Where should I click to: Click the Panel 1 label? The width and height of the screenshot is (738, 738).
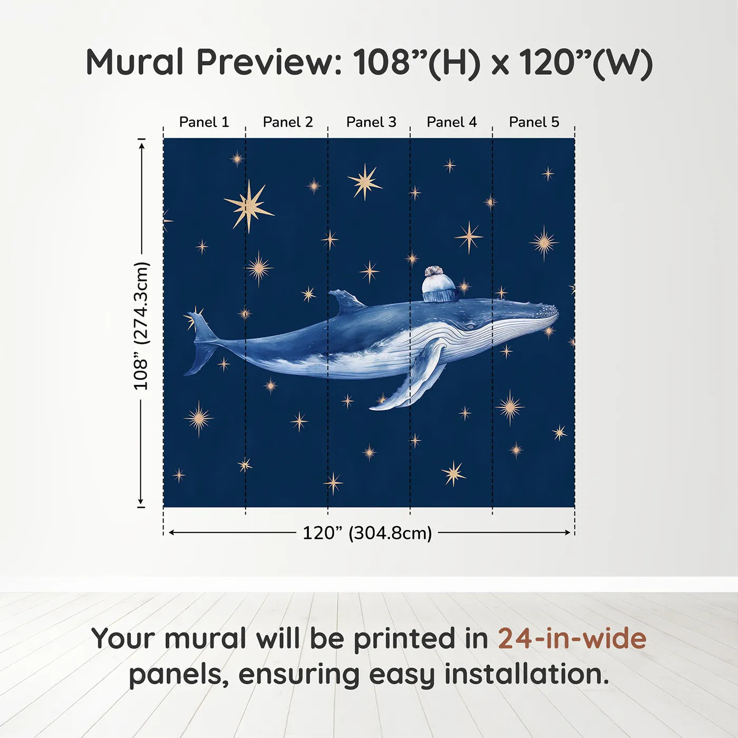(204, 122)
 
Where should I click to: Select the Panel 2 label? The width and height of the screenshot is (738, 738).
(287, 122)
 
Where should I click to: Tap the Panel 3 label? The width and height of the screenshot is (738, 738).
(371, 122)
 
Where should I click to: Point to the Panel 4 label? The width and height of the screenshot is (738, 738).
(452, 122)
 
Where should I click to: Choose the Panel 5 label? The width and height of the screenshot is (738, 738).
(534, 122)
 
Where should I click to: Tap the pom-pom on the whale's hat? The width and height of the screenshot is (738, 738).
(435, 271)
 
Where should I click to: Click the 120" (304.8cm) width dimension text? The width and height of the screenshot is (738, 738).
(367, 533)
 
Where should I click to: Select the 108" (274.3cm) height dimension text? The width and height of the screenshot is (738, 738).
(141, 326)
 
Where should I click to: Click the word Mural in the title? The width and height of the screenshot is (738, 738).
(135, 62)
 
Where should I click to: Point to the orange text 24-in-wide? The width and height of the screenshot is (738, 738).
(572, 638)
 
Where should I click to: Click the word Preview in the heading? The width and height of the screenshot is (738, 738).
(269, 62)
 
